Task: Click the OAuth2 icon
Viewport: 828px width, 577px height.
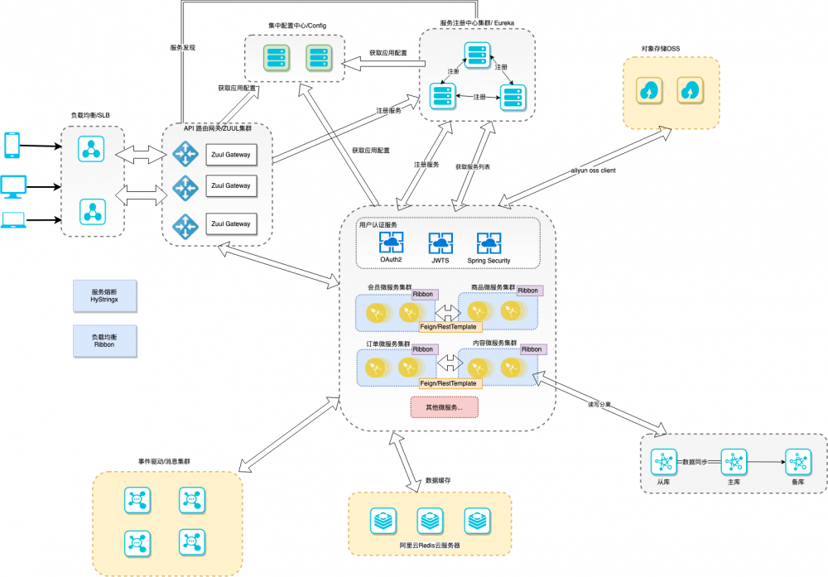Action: click(x=391, y=243)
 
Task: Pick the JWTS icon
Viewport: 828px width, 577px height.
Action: click(x=440, y=243)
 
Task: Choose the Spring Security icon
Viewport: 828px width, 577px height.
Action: click(x=489, y=243)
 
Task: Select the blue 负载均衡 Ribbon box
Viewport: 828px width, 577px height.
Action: click(x=103, y=339)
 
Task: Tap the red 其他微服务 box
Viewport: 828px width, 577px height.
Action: click(x=444, y=407)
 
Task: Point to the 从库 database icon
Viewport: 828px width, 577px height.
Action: click(x=662, y=460)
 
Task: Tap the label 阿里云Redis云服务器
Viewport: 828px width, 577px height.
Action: click(x=430, y=546)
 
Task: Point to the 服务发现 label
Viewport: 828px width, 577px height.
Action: click(x=182, y=48)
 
